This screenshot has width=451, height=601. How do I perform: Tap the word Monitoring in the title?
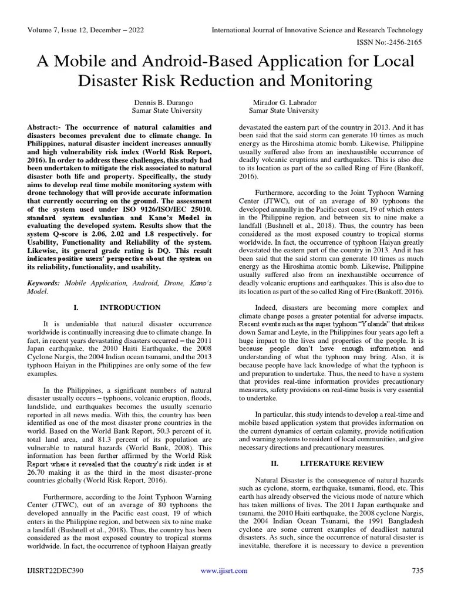(322, 80)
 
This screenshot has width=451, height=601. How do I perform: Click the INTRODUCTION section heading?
(130, 307)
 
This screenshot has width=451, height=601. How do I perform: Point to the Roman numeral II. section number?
(274, 463)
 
